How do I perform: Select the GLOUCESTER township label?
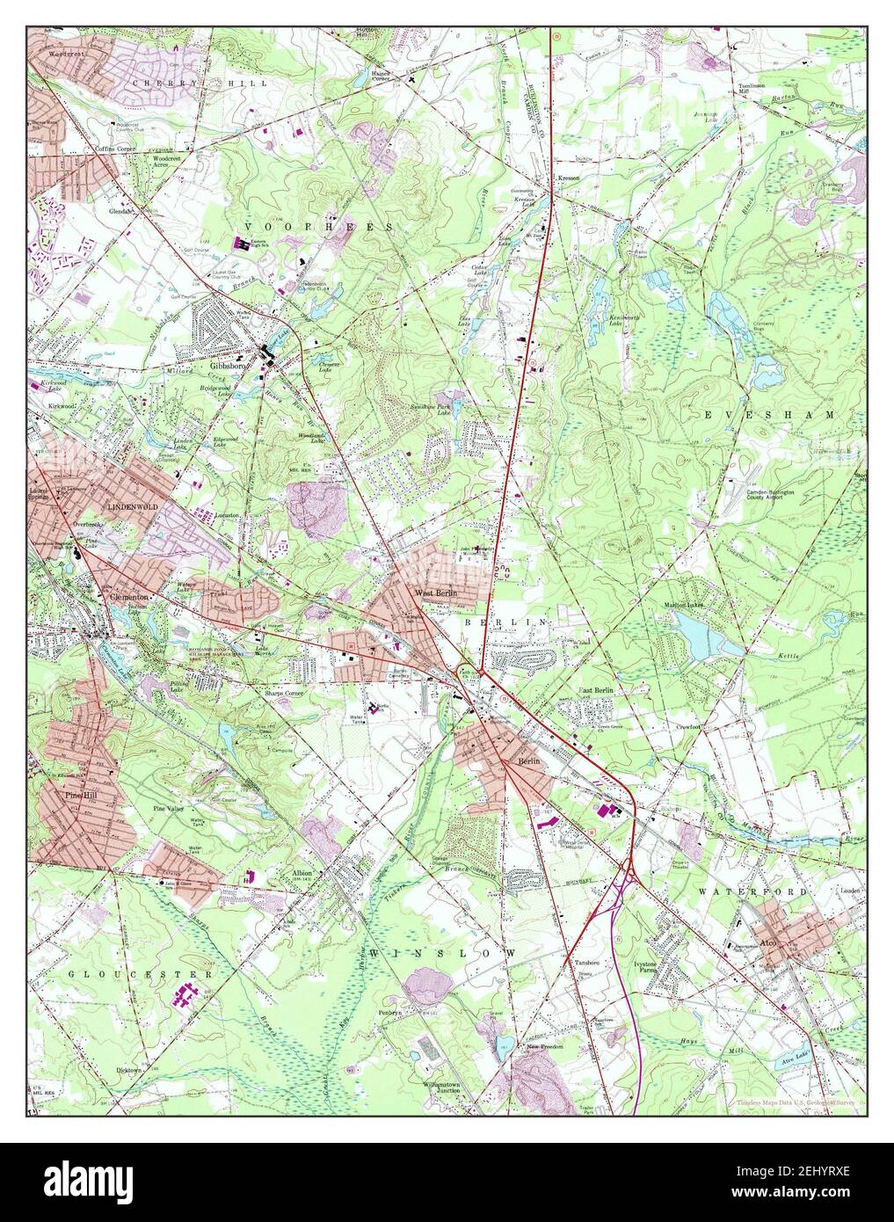click(x=141, y=974)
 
